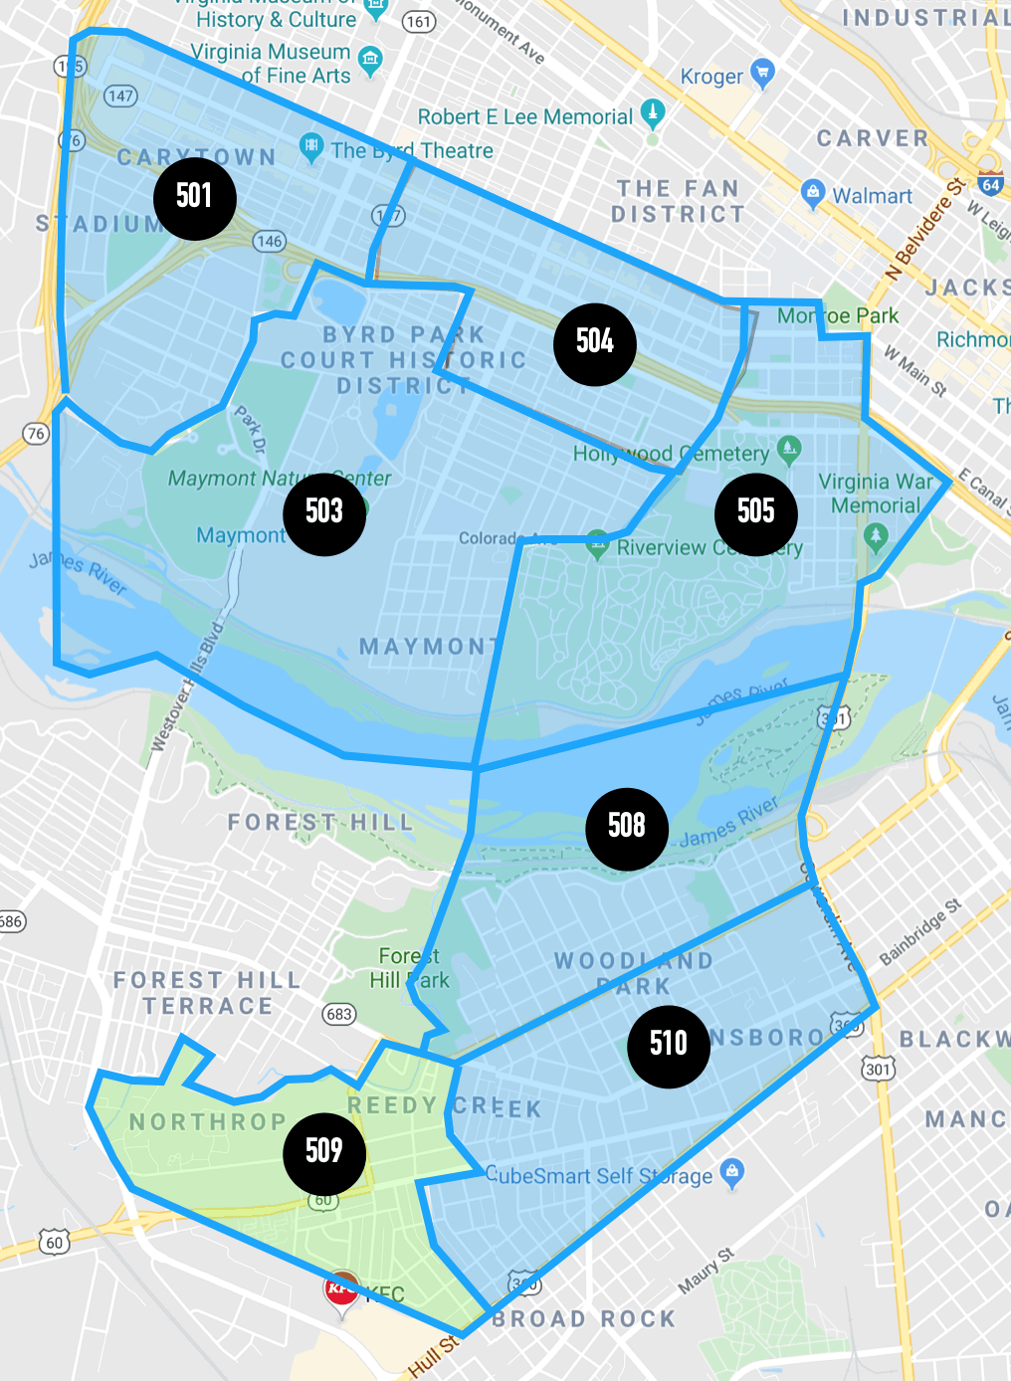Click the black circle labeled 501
pos(195,197)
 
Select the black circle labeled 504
pos(595,343)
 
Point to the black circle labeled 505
pos(756,513)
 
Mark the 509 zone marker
pos(324,1152)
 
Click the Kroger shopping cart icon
pos(763,73)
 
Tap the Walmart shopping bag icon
pos(813,193)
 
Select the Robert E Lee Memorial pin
pos(653,113)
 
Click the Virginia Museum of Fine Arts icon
pos(370,61)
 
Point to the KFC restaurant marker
pos(342,1290)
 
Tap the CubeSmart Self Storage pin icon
pos(732,1171)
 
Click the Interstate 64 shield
pos(990,184)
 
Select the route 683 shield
pos(339,1014)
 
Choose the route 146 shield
pos(270,241)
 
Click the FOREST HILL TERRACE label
pos(207,993)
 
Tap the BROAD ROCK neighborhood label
pos(584,1319)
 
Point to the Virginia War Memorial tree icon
pos(876,536)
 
